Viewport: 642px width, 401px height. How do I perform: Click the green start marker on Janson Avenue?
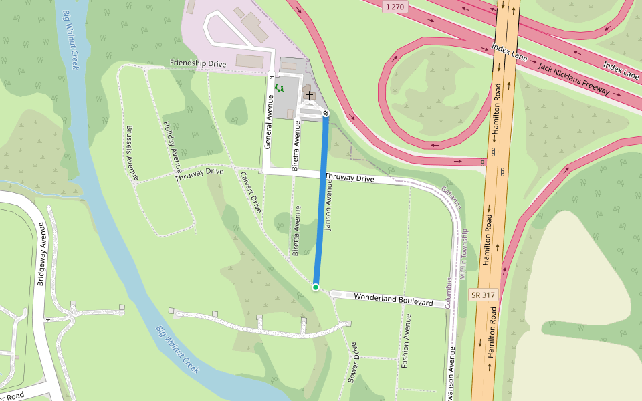pyautogui.click(x=316, y=287)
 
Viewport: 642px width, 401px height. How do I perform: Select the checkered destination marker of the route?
pyautogui.click(x=326, y=114)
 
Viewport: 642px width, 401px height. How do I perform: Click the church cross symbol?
pyautogui.click(x=310, y=95)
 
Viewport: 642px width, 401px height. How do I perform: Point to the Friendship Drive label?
pyautogui.click(x=198, y=63)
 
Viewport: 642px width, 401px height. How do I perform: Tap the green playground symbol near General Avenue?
pyautogui.click(x=279, y=88)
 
